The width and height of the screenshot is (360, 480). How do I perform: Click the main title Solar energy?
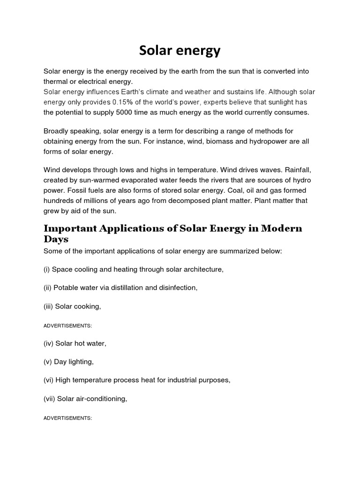coord(180,51)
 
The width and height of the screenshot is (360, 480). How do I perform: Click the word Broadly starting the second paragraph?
coord(58,131)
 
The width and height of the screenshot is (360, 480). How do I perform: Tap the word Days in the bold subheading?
coord(56,239)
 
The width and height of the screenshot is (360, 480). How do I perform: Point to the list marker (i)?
coord(47,269)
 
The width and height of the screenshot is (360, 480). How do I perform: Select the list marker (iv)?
coord(48,344)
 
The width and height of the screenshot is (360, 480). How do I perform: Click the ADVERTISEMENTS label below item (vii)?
coord(67,418)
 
